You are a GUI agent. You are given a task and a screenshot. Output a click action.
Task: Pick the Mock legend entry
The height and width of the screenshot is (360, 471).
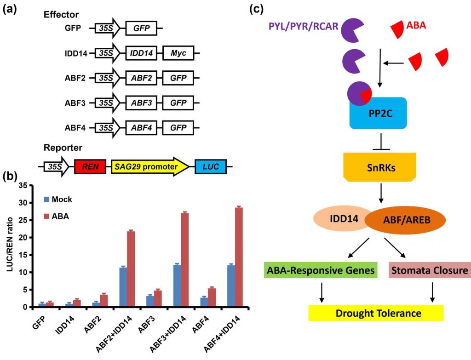pyautogui.click(x=58, y=200)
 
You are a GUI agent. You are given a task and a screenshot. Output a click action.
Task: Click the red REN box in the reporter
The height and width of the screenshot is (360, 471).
pyautogui.click(x=90, y=166)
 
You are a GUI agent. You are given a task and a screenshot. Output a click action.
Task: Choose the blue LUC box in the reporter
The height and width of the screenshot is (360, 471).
pyautogui.click(x=210, y=166)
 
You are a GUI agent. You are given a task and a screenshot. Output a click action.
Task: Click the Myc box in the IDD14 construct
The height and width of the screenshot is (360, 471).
pyautogui.click(x=178, y=53)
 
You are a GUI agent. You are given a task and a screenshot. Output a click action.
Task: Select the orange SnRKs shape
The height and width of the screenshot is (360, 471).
pyautogui.click(x=380, y=166)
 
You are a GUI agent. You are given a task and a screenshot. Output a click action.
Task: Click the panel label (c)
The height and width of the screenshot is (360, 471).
pyautogui.click(x=257, y=9)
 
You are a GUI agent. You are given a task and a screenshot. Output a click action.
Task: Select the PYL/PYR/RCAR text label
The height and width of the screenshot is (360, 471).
pyautogui.click(x=301, y=26)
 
